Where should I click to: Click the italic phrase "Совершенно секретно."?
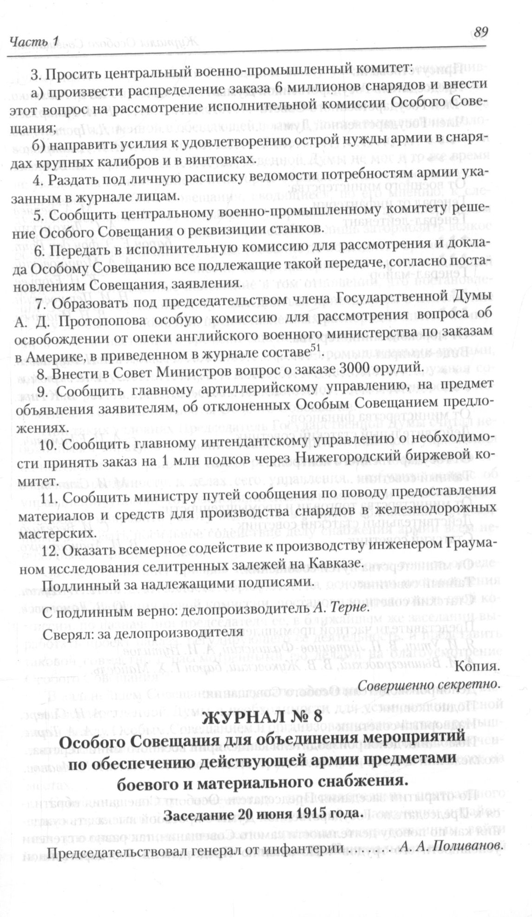(x=429, y=685)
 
